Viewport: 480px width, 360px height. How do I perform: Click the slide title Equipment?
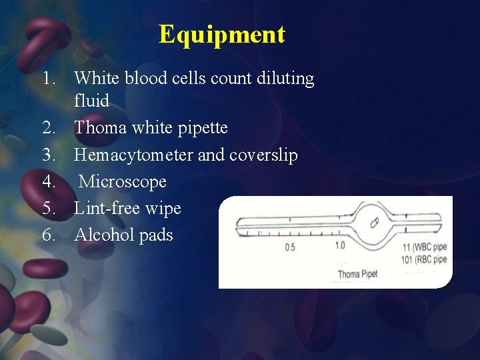pyautogui.click(x=222, y=34)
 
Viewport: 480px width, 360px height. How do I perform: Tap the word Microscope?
pyautogui.click(x=123, y=181)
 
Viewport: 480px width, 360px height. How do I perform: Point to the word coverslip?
pyautogui.click(x=263, y=155)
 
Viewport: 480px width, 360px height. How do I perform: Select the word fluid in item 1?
pyautogui.click(x=91, y=101)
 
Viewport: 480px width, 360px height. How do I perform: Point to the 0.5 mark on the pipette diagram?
pyautogui.click(x=291, y=247)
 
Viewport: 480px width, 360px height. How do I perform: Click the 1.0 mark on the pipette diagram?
pyautogui.click(x=340, y=245)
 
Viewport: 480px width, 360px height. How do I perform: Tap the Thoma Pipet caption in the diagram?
pyautogui.click(x=357, y=274)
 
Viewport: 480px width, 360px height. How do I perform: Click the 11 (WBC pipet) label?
pyautogui.click(x=424, y=247)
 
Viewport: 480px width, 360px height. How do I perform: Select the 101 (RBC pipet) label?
pyautogui.click(x=424, y=259)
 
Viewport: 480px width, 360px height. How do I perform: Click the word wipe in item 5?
pyautogui.click(x=163, y=208)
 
